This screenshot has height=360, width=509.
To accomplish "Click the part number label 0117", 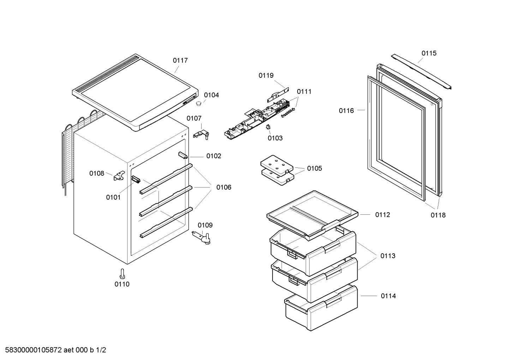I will [x=180, y=60].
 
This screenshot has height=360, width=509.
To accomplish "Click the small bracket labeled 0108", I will [x=119, y=176].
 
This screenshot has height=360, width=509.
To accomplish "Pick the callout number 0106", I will [x=224, y=187].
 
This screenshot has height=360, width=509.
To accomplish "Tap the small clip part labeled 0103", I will [x=268, y=127].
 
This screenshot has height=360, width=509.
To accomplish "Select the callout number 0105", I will [x=314, y=169].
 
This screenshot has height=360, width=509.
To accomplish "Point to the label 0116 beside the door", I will [x=346, y=111].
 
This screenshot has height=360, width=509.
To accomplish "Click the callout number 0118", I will [x=438, y=215].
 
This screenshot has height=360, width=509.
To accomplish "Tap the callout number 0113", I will [x=388, y=256].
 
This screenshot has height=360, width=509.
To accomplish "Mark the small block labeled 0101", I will [x=136, y=179].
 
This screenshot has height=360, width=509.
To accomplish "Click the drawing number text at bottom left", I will [x=53, y=350].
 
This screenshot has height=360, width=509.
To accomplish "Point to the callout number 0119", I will [x=266, y=75].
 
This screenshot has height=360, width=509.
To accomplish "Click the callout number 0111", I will [x=304, y=92].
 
